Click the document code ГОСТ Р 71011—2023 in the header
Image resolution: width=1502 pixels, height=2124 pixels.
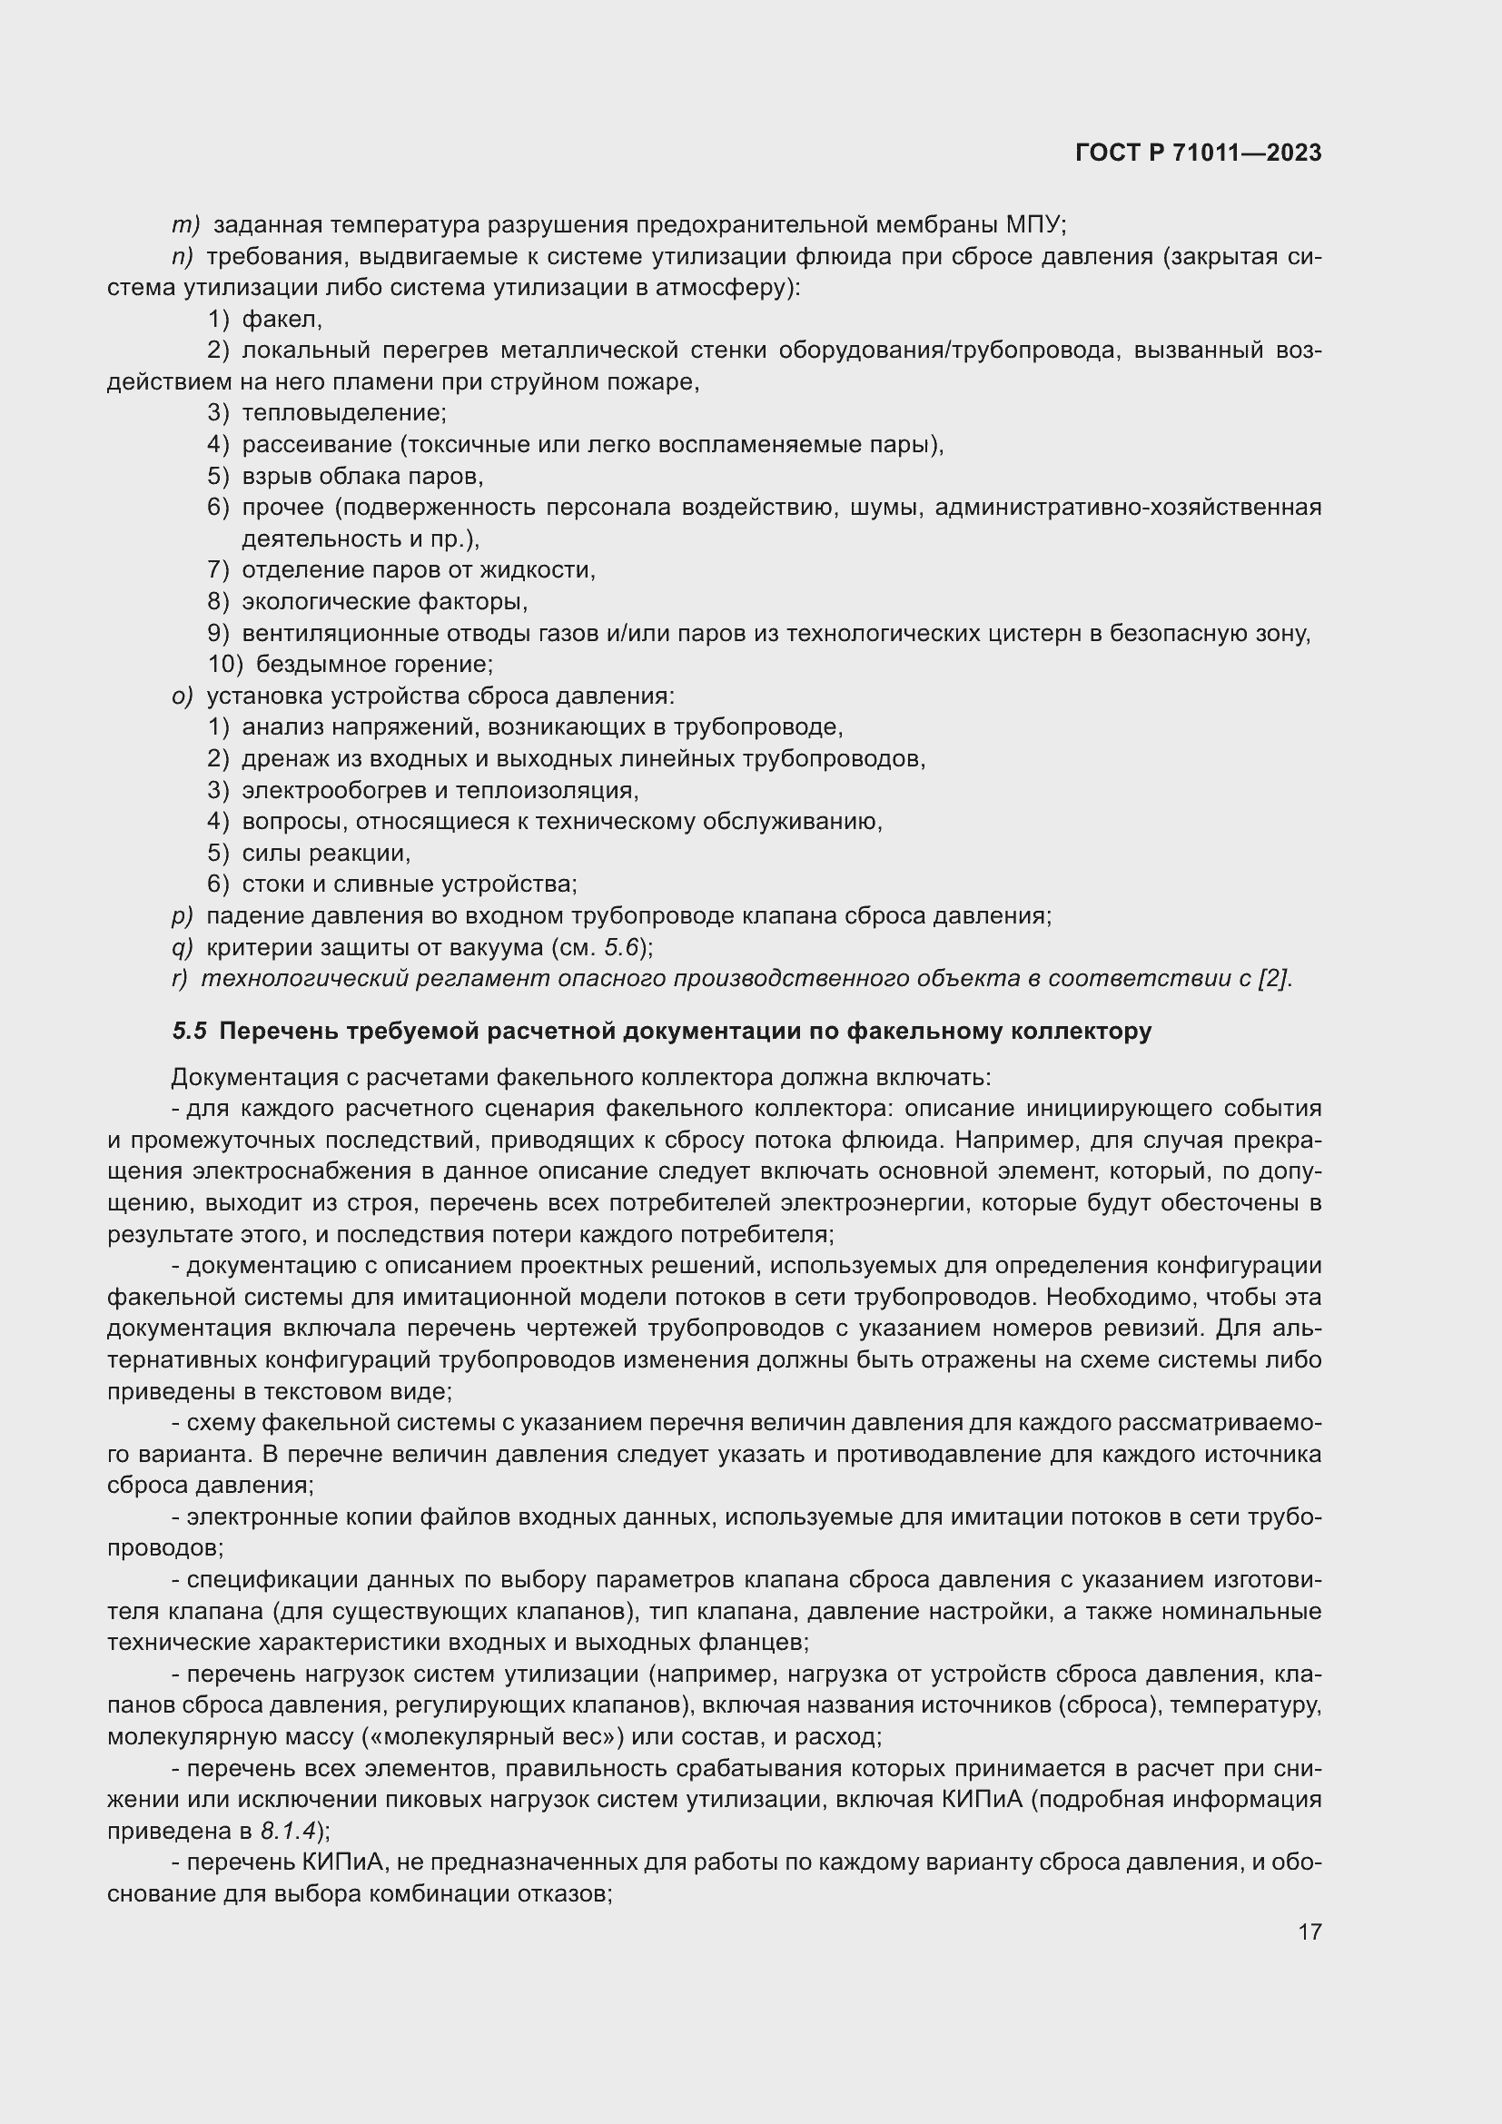point(1198,153)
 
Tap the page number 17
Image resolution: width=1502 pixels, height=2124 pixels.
point(1309,1931)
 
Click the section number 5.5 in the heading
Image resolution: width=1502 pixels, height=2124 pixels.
point(190,1032)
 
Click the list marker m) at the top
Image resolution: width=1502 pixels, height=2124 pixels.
point(186,225)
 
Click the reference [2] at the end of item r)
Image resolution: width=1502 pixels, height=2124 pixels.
point(1274,979)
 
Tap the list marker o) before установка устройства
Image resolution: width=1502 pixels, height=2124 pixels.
point(183,696)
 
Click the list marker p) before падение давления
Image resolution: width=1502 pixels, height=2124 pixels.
point(183,916)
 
